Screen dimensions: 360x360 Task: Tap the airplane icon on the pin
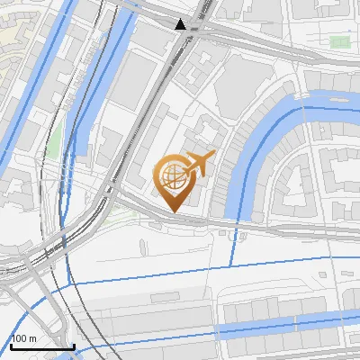(x=200, y=164)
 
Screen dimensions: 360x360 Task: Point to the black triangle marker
(x=182, y=24)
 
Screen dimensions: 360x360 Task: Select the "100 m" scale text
(x=24, y=338)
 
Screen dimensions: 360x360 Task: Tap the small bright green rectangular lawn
(x=339, y=42)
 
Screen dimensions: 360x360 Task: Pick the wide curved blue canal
(x=270, y=126)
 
